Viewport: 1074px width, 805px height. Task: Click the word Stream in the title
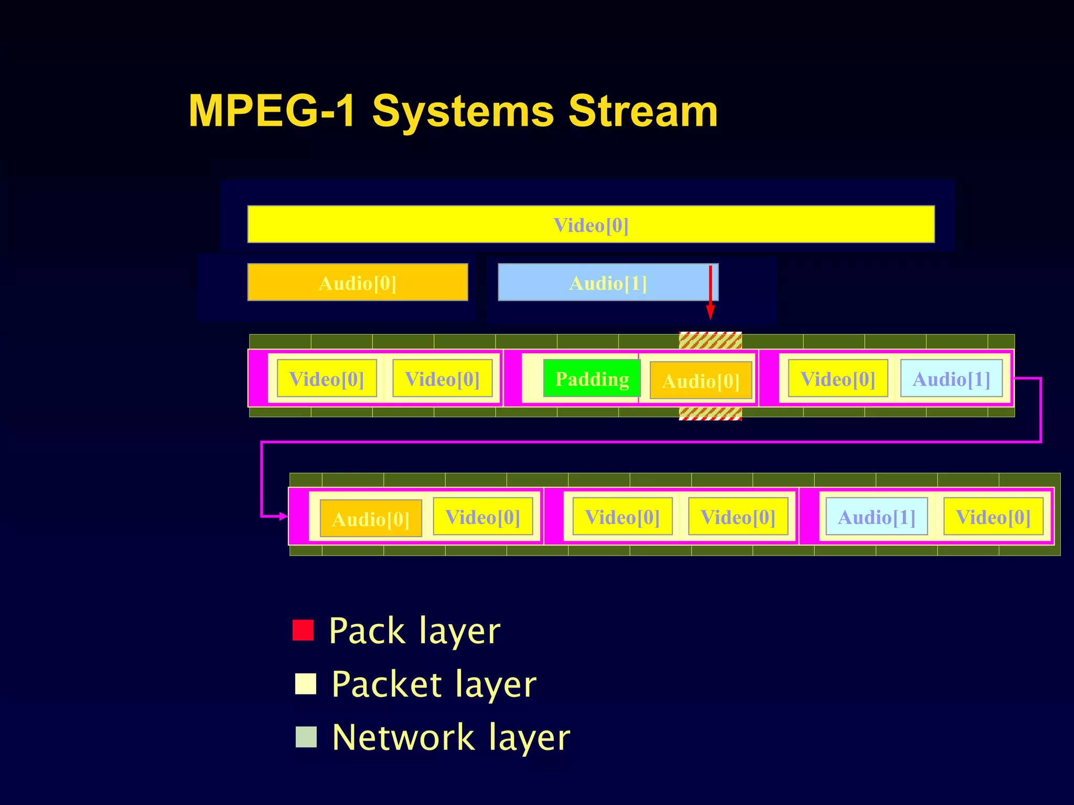643,111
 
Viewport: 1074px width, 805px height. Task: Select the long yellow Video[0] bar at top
590,224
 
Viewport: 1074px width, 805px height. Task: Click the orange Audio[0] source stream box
357,282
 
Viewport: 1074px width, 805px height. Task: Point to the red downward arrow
710,293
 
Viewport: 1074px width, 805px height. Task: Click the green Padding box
592,378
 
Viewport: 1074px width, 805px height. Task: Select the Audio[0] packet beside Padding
701,380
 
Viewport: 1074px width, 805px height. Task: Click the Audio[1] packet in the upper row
951,378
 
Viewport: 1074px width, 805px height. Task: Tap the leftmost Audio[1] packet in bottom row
876,517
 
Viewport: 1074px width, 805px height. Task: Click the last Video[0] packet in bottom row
993,517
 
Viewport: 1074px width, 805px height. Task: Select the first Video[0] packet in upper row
326,378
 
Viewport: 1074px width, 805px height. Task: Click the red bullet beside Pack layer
303,630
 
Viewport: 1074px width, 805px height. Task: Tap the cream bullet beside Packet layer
306,684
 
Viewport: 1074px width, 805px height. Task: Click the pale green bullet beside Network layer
306,737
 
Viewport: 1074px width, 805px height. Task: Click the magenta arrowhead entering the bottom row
284,516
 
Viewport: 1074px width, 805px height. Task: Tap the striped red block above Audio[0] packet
710,341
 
